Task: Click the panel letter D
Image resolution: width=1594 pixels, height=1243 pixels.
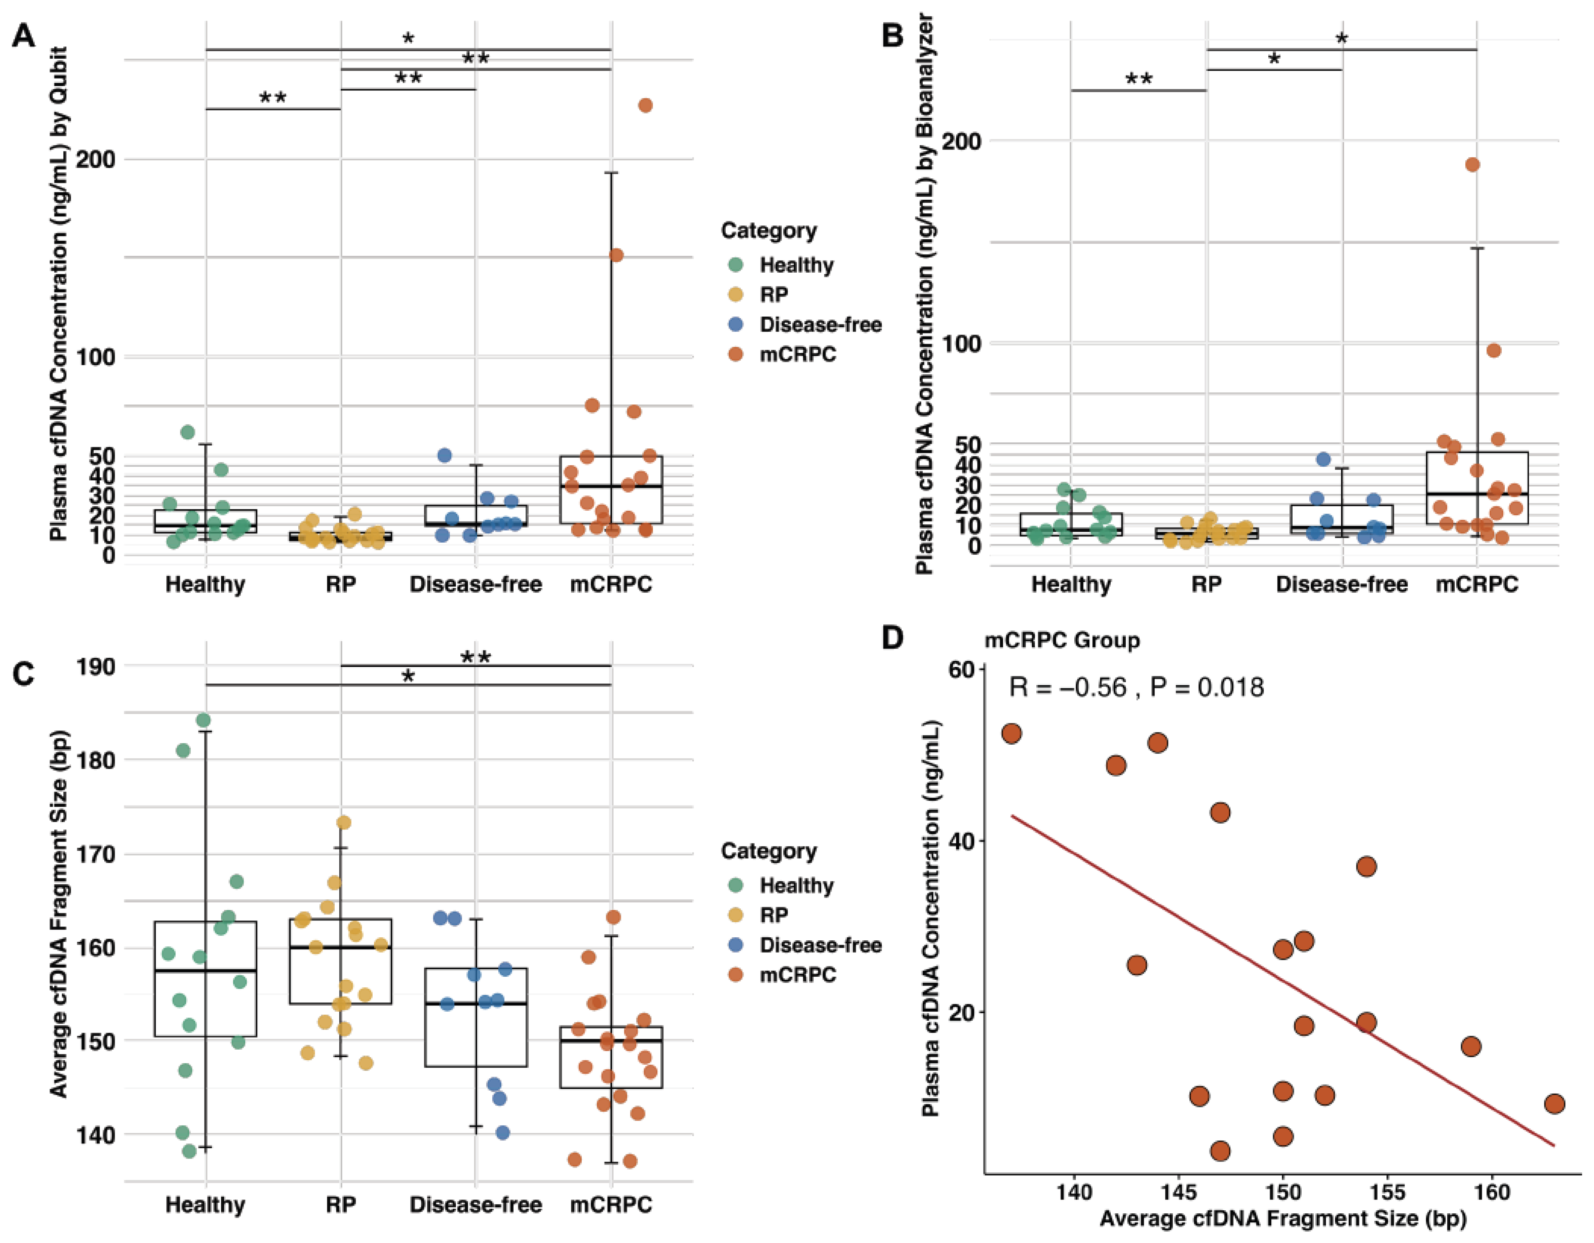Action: [x=893, y=638]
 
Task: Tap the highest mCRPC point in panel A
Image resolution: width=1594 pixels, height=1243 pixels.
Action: [x=645, y=105]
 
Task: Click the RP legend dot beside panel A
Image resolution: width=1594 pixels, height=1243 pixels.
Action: [x=736, y=294]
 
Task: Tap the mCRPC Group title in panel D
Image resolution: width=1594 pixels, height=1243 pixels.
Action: [x=1062, y=641]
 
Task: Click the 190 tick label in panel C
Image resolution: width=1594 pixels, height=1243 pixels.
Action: [x=96, y=666]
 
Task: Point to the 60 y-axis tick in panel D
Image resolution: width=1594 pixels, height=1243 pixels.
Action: [x=963, y=670]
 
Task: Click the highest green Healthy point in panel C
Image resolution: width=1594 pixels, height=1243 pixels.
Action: [x=204, y=720]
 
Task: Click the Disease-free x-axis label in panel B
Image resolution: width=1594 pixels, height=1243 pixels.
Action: [x=1341, y=584]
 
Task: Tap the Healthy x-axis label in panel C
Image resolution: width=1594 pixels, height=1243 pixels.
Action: [x=205, y=1204]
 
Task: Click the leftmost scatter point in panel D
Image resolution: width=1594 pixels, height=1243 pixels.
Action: [x=1012, y=733]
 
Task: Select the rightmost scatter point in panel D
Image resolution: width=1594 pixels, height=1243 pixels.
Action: [x=1555, y=1104]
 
